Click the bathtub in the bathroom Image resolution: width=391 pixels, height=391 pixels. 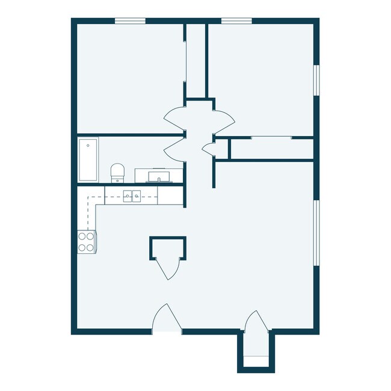pyautogui.click(x=88, y=159)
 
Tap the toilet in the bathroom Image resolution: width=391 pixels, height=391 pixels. pyautogui.click(x=117, y=172)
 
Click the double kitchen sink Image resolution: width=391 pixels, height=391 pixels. pyautogui.click(x=132, y=195)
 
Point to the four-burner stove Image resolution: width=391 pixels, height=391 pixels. pyautogui.click(x=87, y=241)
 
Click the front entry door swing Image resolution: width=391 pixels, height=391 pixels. pyautogui.click(x=167, y=319)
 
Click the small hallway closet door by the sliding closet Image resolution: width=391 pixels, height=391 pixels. pyautogui.click(x=209, y=148)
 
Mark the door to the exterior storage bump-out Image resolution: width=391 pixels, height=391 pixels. pyautogui.click(x=253, y=321)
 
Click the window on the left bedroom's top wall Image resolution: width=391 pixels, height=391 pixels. pyautogui.click(x=131, y=21)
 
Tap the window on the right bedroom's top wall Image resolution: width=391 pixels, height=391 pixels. pyautogui.click(x=236, y=21)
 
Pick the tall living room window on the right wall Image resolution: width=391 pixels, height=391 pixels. pyautogui.click(x=316, y=232)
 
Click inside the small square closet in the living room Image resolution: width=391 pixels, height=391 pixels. pyautogui.click(x=168, y=247)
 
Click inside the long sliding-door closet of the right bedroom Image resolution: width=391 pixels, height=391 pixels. pyautogui.click(x=271, y=149)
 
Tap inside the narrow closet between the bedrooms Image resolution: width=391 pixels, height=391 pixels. pyautogui.click(x=195, y=60)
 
